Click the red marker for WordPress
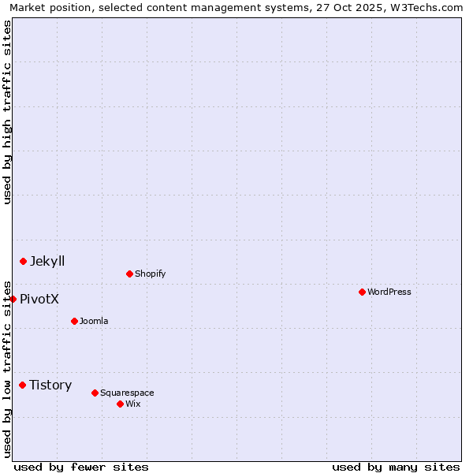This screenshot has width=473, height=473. [362, 292]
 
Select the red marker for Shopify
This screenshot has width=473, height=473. [129, 274]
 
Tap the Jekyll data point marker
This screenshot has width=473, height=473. [23, 261]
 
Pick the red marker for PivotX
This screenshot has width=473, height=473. [13, 299]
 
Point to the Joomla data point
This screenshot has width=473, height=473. [74, 321]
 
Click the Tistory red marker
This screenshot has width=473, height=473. [22, 385]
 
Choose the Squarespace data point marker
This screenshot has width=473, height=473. [95, 393]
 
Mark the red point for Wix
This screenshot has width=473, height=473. [120, 404]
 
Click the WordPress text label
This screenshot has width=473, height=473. [389, 292]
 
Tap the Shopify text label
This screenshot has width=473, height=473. [151, 274]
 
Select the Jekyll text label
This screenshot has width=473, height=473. [47, 261]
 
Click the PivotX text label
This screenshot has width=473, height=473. [39, 299]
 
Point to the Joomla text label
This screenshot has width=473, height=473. [94, 321]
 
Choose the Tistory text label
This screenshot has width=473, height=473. [50, 385]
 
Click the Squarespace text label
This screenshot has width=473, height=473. [127, 393]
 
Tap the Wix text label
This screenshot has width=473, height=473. [133, 404]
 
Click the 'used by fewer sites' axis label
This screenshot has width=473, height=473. [81, 467]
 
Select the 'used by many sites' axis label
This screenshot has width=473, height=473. [396, 467]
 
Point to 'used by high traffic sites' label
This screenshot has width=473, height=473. [7, 112]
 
